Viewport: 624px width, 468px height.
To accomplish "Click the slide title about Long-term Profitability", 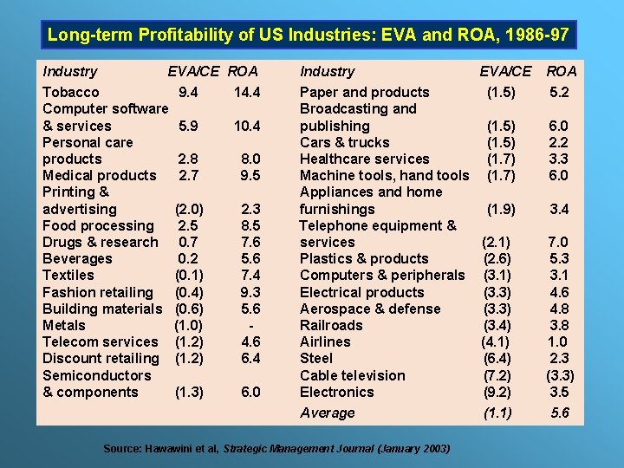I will coord(308,36).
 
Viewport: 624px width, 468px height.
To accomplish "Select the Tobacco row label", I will coord(71,92).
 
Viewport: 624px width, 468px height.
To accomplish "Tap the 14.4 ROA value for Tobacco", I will coord(247,92).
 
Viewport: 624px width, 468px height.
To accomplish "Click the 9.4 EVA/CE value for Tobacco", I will coord(187,92).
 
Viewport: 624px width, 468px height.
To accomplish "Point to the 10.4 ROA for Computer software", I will coord(247,126).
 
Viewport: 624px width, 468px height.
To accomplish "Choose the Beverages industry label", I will coord(77,258).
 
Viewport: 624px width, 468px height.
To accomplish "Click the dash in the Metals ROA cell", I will coord(250,325).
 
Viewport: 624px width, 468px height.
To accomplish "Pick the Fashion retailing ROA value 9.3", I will coord(250,292).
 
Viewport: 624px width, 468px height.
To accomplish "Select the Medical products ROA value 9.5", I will coord(250,175).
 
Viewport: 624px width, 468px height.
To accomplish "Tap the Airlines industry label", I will coord(325,341).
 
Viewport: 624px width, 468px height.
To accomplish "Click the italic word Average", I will coord(327,413).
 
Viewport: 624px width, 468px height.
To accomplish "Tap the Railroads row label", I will coord(331,325).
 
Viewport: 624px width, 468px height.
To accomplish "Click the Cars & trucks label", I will coord(344,142).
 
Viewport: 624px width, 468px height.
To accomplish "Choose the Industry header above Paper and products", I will coord(327,71).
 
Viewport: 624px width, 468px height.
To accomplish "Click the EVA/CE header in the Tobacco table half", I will coord(194,71).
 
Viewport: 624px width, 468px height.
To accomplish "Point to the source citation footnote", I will coord(276,448).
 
